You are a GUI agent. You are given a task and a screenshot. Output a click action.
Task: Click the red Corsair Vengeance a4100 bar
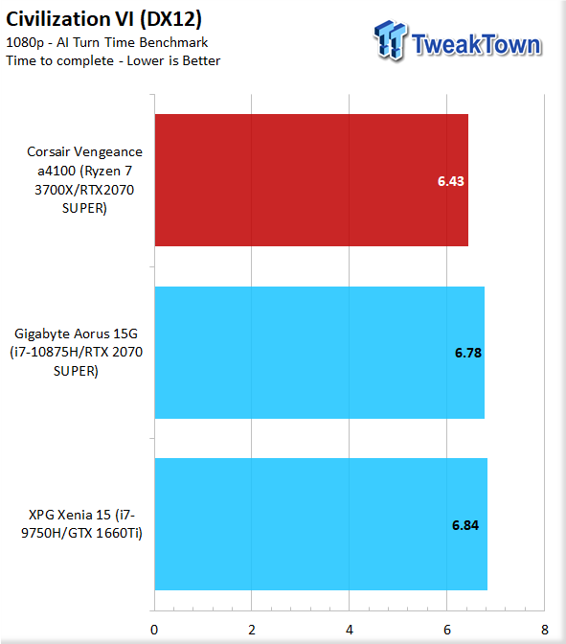pos(311,180)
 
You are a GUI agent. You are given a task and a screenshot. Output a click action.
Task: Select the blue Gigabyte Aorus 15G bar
pos(320,353)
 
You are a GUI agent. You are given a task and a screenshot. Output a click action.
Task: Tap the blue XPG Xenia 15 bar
pos(321,524)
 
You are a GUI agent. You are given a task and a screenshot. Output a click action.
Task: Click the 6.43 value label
pos(451,181)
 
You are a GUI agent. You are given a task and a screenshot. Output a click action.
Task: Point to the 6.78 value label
pos(468,353)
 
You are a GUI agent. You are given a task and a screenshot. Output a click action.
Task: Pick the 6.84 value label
pos(465,525)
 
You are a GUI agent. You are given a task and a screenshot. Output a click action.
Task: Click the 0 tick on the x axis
pos(154,630)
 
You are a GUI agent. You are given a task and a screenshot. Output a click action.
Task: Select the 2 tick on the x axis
pos(252,630)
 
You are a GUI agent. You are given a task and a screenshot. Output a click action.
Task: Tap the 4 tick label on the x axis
pos(350,630)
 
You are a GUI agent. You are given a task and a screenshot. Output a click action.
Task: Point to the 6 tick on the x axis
pos(447,630)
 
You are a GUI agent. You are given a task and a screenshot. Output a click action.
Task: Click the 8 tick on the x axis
pos(545,630)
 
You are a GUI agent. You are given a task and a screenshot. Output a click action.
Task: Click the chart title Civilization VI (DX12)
pos(103,19)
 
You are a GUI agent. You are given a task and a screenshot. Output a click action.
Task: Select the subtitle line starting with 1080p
pos(106,42)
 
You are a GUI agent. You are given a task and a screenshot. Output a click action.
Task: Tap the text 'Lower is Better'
pos(173,60)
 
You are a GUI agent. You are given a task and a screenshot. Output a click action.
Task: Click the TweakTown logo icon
pos(391,40)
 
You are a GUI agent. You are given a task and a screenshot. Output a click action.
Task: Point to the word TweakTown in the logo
pos(477,44)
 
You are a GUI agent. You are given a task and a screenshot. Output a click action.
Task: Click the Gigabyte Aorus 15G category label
pos(76,353)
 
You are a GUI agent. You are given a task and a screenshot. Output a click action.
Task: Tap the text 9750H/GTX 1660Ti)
pos(81,533)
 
